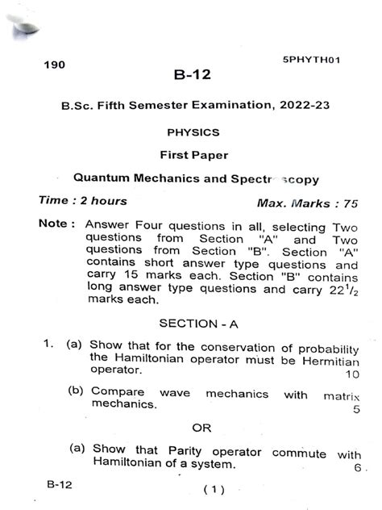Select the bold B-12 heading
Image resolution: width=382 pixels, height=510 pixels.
click(x=191, y=76)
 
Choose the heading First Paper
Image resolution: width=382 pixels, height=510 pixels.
click(x=191, y=153)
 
